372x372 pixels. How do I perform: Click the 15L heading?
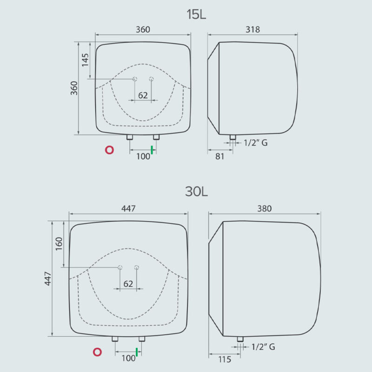point(196,14)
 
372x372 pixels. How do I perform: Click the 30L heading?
point(196,192)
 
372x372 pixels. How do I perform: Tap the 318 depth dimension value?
point(252,29)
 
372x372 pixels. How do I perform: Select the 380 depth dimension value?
point(264,208)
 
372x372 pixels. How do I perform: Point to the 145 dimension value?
point(85,60)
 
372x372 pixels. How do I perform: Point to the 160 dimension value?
point(59,244)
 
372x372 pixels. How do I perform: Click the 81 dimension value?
point(219,156)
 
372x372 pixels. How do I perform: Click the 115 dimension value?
point(225,359)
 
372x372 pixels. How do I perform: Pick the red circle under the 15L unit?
point(109,150)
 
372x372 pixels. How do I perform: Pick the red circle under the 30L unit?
point(97,352)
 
